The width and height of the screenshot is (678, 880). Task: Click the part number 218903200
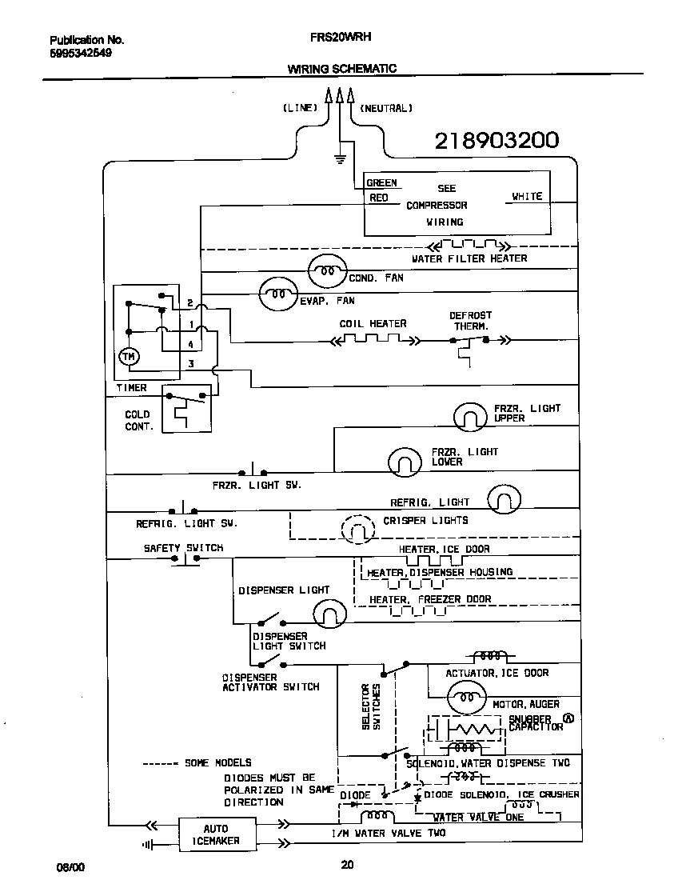coord(496,142)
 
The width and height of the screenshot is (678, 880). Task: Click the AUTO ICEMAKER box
coord(215,834)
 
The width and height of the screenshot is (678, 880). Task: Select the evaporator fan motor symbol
coord(277,294)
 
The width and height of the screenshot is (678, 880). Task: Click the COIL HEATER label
coord(373,323)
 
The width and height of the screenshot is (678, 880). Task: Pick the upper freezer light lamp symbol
coord(469,416)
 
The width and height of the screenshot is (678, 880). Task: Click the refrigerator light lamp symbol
coord(504,499)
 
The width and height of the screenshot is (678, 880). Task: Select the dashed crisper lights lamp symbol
coord(357,528)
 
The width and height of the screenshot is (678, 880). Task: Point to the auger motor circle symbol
coord(465,698)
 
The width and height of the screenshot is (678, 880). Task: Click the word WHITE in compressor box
coord(527,196)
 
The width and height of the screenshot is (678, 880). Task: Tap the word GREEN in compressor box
coord(381,183)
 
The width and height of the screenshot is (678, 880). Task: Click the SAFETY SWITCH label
coord(183,548)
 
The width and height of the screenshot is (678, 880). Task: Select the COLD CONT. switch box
coord(185,409)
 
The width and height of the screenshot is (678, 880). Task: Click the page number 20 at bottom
coord(347,864)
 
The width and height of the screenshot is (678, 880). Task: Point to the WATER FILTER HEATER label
coord(469,258)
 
